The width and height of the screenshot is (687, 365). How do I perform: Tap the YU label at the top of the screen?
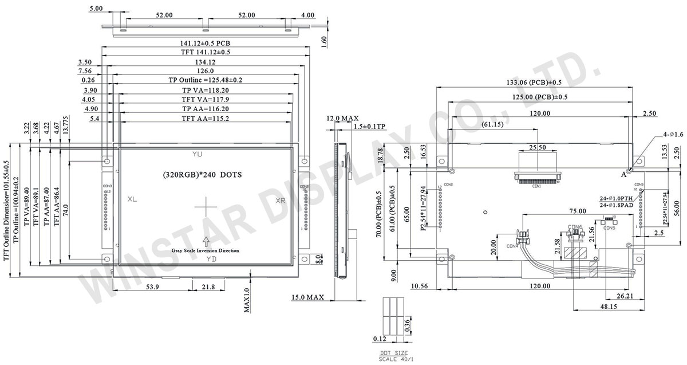197,155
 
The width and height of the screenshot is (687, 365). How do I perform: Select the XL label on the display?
132,199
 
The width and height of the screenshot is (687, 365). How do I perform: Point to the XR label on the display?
281,201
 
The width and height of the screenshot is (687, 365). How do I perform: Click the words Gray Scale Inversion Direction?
205,250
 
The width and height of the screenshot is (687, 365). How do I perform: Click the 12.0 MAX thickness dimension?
338,118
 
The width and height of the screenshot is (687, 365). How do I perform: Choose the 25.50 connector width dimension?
536,147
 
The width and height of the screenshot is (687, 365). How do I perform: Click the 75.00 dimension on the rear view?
577,211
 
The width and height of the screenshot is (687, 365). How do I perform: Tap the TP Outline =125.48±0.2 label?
205,80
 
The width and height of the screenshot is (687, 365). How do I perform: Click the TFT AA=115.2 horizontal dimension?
205,119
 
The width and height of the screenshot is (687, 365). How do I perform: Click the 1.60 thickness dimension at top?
325,42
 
